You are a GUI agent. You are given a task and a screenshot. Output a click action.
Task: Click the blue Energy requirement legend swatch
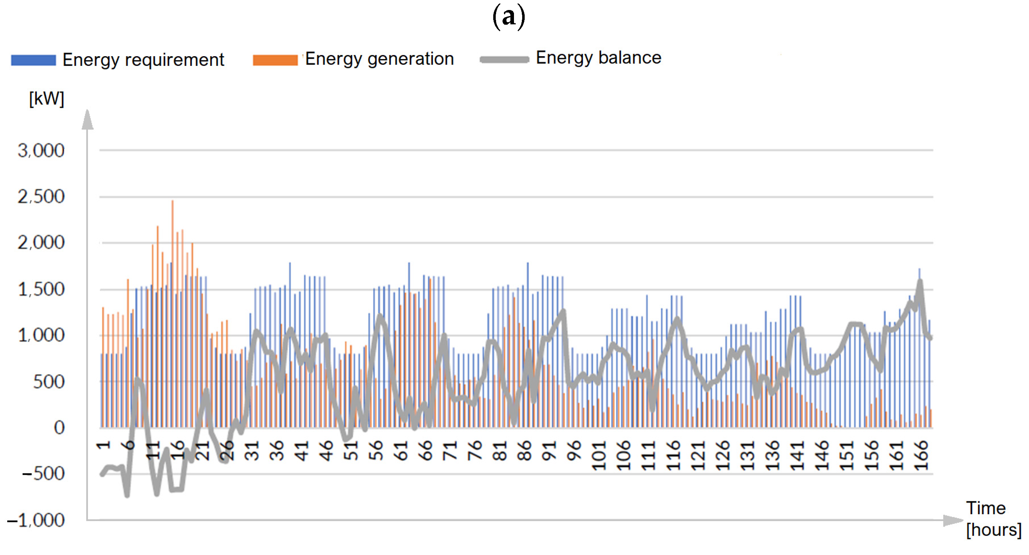pyautogui.click(x=33, y=60)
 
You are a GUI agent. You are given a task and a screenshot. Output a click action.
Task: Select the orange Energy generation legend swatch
pyautogui.click(x=275, y=60)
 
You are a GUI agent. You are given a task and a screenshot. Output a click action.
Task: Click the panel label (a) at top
pyautogui.click(x=509, y=17)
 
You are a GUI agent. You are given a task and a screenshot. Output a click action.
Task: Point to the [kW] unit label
pyautogui.click(x=46, y=98)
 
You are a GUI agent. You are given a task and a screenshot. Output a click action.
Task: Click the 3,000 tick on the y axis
pyautogui.click(x=41, y=151)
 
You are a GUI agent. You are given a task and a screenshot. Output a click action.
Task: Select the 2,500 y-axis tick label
pyautogui.click(x=41, y=197)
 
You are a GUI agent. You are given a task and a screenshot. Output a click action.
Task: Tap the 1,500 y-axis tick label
pyautogui.click(x=41, y=289)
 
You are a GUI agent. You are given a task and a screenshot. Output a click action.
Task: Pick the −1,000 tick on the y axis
pyautogui.click(x=36, y=520)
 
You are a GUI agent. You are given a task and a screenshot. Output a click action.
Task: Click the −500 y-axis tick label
pyautogui.click(x=43, y=474)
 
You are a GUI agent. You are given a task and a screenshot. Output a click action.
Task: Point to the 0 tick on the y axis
pyautogui.click(x=59, y=428)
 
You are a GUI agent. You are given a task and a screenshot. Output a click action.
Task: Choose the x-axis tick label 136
pyautogui.click(x=772, y=456)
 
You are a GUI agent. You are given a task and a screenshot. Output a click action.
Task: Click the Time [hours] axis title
pyautogui.click(x=993, y=519)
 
